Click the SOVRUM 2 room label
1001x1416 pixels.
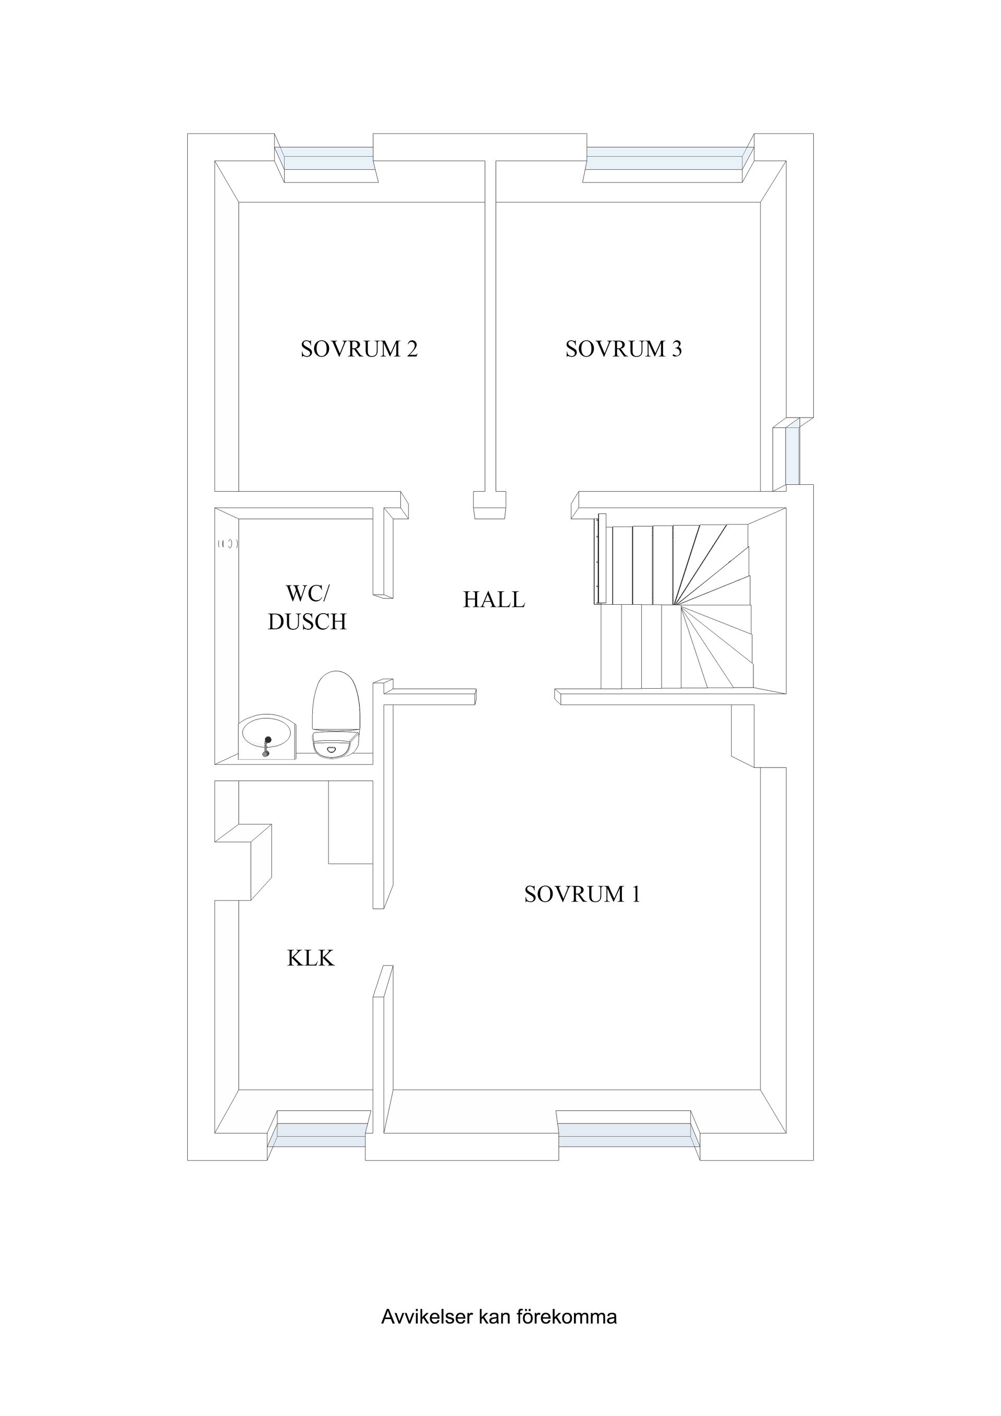359,349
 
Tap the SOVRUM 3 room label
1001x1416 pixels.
624,349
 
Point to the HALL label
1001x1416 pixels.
494,600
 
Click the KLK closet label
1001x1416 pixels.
311,958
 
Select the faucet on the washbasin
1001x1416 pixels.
266,746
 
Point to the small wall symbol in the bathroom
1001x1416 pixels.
228,544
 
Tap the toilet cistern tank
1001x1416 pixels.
336,744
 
